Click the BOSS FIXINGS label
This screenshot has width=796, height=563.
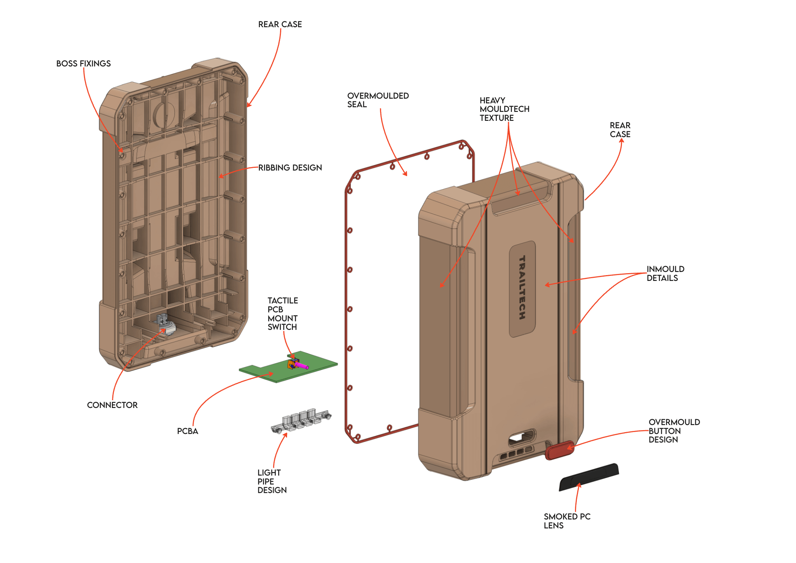coord(83,64)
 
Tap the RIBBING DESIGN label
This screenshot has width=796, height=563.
coord(290,168)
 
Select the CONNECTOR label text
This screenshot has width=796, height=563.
coord(112,405)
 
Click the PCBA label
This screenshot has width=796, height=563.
coord(187,431)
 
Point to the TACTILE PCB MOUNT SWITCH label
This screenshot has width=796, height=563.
coord(282,314)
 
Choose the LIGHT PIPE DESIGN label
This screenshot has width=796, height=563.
coord(272,481)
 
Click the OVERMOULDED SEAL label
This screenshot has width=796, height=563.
coord(377,100)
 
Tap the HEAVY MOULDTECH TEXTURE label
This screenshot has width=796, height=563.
coord(504,109)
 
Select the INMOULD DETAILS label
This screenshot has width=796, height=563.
coord(665,274)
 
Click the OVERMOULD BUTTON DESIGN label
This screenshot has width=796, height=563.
coord(674,431)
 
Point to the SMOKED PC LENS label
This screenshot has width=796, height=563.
coord(566,521)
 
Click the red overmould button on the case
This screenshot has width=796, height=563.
coord(559,450)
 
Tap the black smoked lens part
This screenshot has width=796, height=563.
coord(589,477)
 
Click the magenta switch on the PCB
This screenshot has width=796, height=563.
coord(302,366)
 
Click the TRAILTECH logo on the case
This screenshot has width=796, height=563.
coord(522,288)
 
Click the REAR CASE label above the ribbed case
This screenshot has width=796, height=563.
coord(280,24)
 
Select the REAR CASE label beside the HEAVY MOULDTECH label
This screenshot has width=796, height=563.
coord(620,130)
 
